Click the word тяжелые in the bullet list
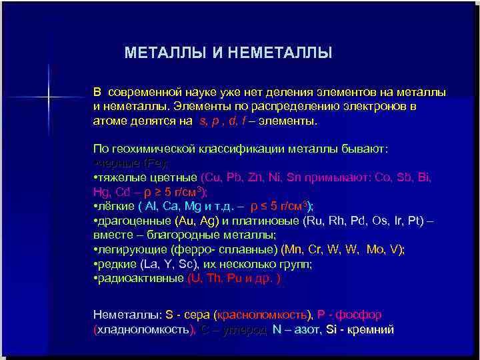click(x=119, y=177)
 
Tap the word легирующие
click(x=132, y=249)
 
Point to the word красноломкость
click(x=263, y=314)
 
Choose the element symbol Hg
click(x=101, y=191)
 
